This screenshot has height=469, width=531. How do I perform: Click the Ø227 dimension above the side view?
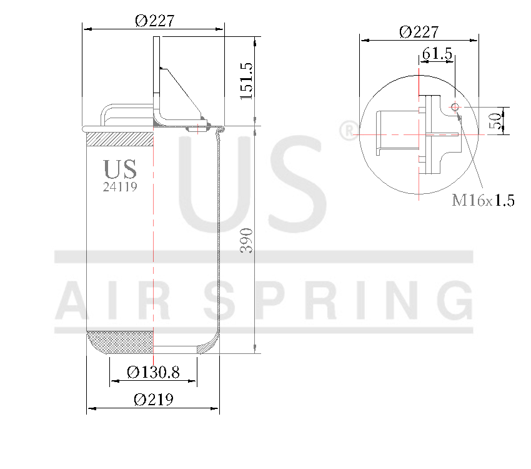pos(154,21)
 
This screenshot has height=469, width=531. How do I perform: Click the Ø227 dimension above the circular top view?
pos(419,31)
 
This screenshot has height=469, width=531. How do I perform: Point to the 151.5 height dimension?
pos(246,81)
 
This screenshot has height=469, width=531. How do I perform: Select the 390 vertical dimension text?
pos(246,241)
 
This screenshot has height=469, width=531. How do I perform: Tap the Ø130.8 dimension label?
pos(153,373)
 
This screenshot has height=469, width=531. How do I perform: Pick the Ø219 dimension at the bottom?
pos(153,400)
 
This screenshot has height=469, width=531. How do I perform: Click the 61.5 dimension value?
pos(437,54)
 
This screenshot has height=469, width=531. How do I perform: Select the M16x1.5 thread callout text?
pos(483,201)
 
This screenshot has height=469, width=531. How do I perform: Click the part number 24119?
pos(120,186)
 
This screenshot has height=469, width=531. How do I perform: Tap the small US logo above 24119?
pos(120,169)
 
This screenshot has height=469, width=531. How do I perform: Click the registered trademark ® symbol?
pos(347,131)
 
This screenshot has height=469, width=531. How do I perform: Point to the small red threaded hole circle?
pos(455,106)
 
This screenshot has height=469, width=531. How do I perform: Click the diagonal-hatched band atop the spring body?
pos(119,139)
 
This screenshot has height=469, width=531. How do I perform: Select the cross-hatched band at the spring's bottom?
pos(119,341)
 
